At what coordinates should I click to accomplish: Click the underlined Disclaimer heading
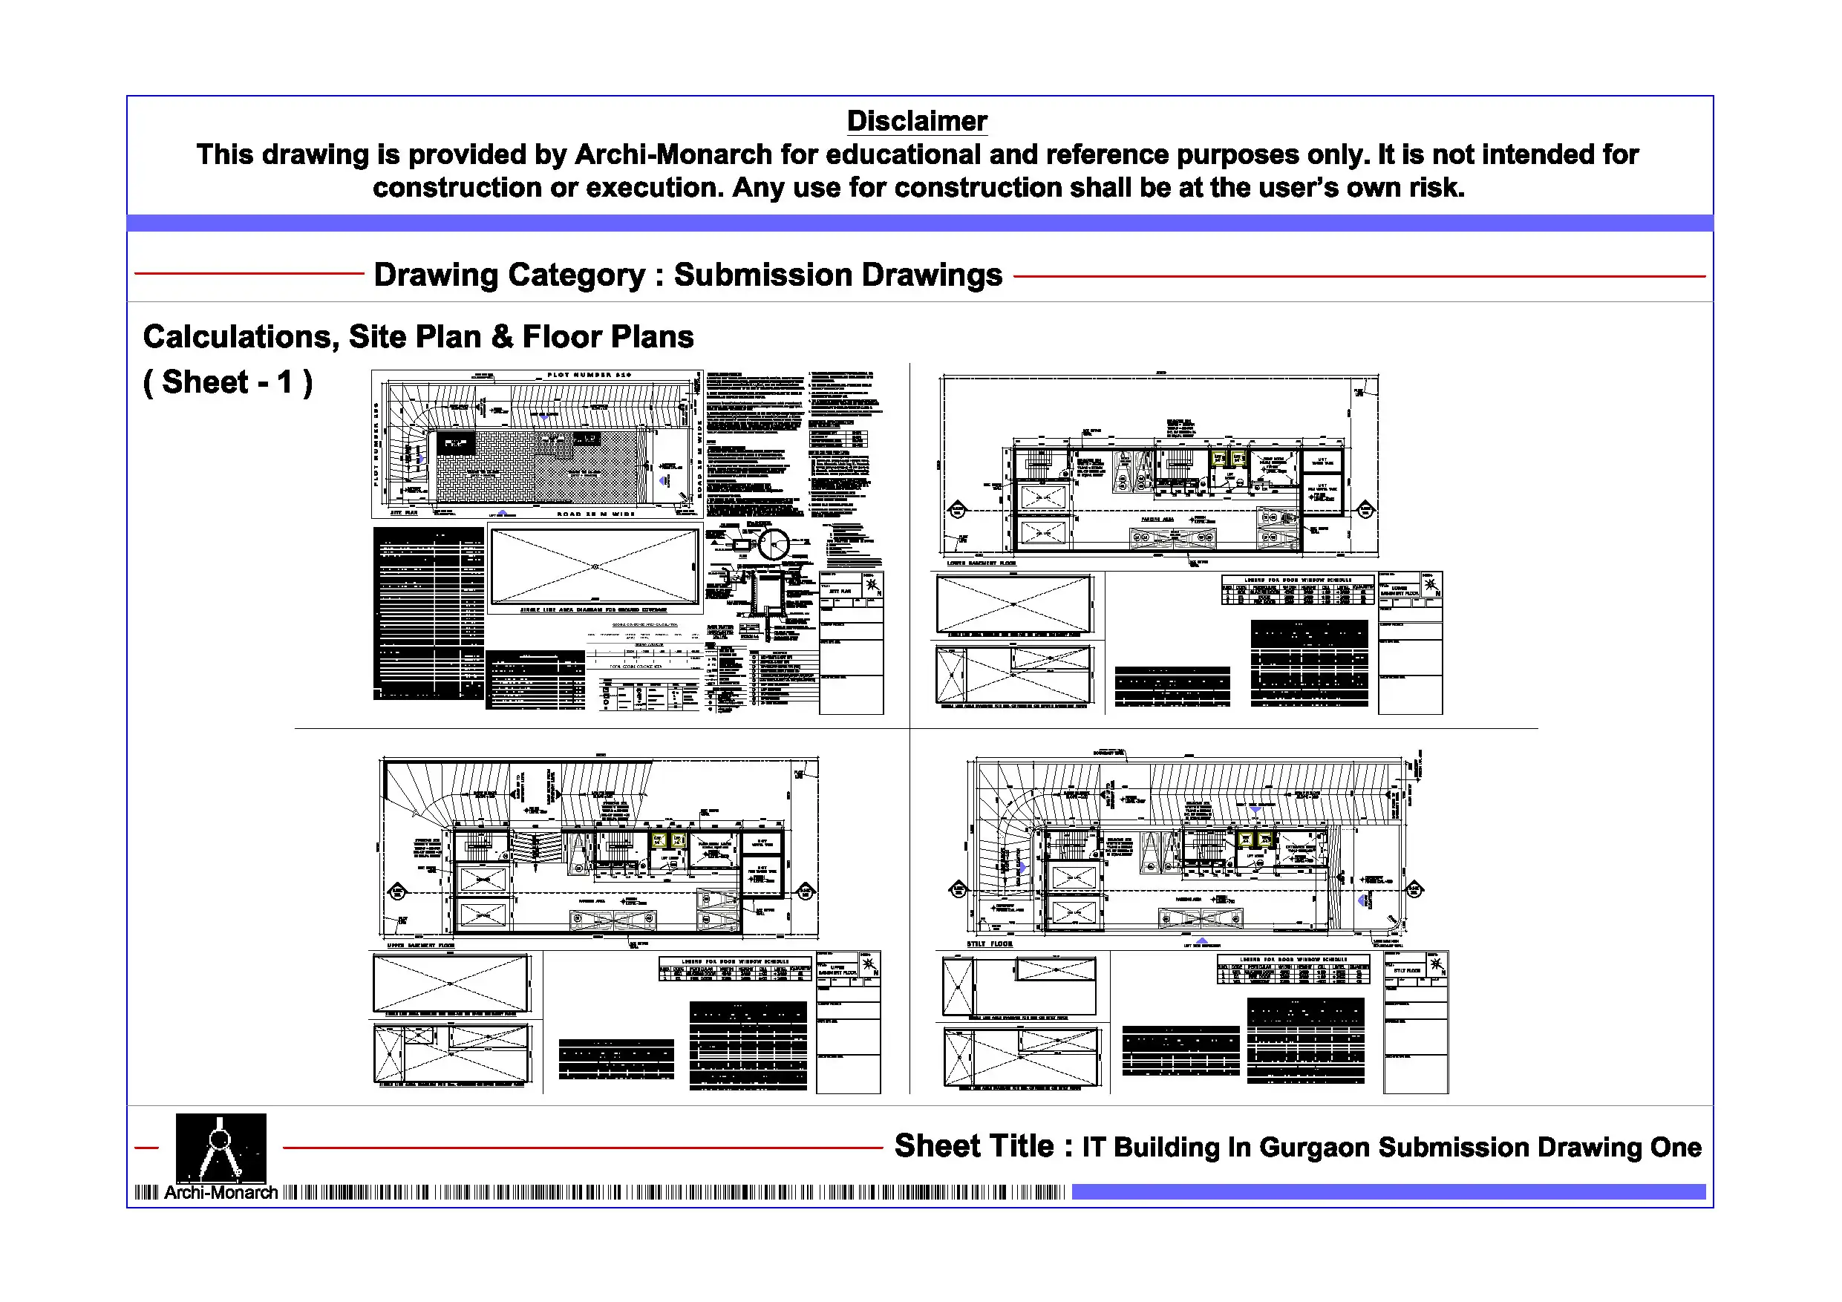pos(916,121)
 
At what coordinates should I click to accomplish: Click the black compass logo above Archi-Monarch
pos(221,1147)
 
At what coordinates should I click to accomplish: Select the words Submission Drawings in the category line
pos(837,275)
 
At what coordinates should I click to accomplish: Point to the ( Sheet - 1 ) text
pos(228,383)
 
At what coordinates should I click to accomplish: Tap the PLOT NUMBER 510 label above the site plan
pos(589,375)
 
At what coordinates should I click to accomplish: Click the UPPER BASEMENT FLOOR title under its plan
pos(420,946)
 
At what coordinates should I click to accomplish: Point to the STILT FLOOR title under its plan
pos(989,944)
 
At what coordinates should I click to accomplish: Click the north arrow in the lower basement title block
pos(1431,585)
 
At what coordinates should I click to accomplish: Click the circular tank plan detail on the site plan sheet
pos(774,545)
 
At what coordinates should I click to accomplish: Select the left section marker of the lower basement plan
pos(958,509)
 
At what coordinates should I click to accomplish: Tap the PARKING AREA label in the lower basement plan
pos(1157,520)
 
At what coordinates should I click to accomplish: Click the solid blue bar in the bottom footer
pos(1388,1192)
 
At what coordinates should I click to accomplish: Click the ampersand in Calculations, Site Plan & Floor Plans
pos(502,337)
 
